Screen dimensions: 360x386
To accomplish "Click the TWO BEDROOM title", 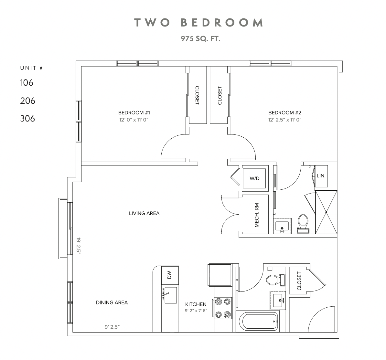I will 199,23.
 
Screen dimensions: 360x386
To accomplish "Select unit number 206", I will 27,101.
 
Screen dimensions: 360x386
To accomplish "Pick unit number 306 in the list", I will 27,119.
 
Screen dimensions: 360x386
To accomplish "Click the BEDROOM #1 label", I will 134,113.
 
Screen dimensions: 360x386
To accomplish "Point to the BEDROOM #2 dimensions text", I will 284,120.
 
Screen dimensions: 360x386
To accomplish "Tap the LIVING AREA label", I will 144,213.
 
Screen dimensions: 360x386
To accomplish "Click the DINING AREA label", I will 112,303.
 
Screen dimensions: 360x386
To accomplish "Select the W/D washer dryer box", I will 255,178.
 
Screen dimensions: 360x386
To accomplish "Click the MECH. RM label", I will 257,215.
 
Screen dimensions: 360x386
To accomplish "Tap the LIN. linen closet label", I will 321,176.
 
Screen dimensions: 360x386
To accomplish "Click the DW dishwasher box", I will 169,275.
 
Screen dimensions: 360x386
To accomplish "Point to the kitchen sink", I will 171,295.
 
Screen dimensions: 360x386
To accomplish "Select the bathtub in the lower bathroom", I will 258,322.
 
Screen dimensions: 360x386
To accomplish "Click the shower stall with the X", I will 326,212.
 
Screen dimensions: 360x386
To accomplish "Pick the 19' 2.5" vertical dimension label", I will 78,246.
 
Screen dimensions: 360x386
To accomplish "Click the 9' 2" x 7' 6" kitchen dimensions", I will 196,311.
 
